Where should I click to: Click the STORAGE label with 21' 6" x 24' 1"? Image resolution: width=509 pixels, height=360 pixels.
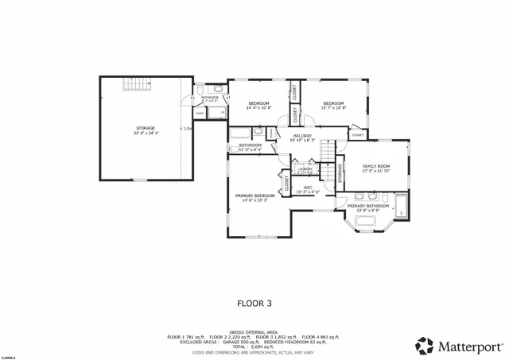tap(145, 130)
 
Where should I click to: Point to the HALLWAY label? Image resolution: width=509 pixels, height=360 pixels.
tap(301, 137)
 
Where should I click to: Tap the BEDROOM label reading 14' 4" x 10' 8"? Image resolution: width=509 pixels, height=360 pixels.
tap(259, 105)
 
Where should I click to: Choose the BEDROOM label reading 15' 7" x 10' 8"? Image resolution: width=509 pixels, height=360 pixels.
tap(333, 105)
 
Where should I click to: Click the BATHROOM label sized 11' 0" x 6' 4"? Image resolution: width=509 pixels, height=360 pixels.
tap(250, 146)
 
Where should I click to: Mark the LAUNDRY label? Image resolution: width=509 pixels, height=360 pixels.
tap(305, 169)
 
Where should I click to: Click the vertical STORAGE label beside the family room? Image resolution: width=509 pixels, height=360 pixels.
tap(341, 174)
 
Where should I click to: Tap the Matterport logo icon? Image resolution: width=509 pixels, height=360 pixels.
tap(423, 345)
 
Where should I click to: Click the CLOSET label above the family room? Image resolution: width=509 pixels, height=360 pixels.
tap(358, 135)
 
